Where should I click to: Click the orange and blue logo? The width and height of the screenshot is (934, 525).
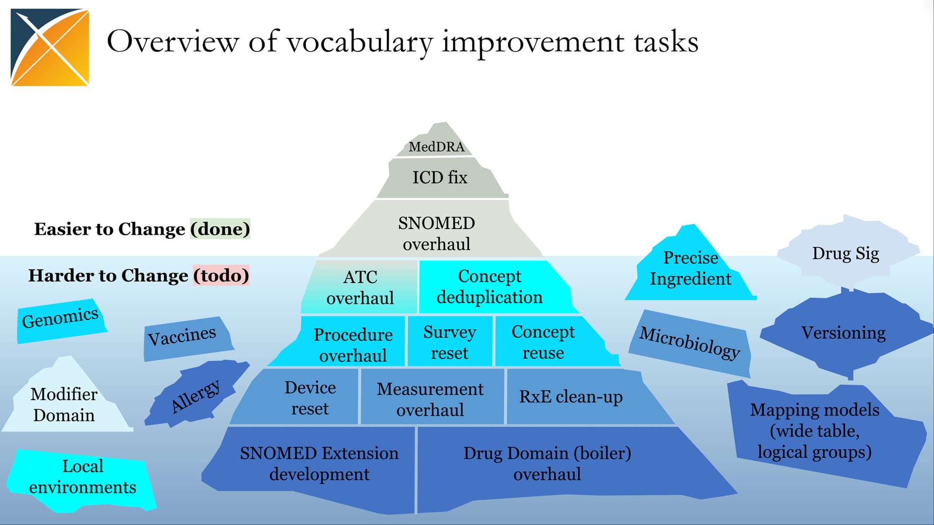[x=50, y=47]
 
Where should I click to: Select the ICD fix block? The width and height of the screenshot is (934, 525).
[x=440, y=178]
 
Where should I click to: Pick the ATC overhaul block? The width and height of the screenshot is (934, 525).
[x=360, y=287]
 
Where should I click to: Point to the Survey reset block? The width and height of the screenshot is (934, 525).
[x=449, y=341]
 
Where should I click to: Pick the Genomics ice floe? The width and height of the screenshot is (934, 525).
[x=61, y=320]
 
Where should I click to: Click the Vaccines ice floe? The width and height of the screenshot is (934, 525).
[x=187, y=338]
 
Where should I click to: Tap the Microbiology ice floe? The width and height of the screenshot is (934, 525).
[x=689, y=343]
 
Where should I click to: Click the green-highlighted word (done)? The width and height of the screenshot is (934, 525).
[x=220, y=229]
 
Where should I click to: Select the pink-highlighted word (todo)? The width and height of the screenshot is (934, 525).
[x=221, y=275]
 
